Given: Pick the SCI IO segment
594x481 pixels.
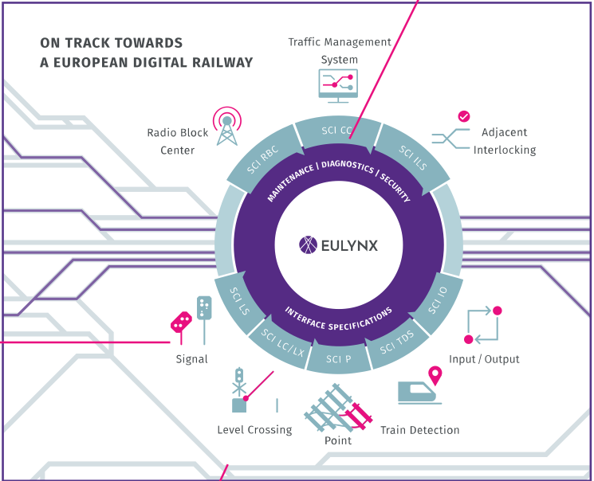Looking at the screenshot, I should tap(438, 302).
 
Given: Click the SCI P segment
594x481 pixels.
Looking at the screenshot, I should tap(338, 359).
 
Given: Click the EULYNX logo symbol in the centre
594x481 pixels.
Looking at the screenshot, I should tap(309, 244).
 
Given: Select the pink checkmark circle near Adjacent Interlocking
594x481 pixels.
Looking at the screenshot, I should tap(463, 116).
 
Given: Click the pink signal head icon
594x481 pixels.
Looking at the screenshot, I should tap(182, 322).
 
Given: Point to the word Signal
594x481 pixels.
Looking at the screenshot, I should tap(191, 359).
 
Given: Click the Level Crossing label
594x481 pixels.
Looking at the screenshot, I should tap(254, 430).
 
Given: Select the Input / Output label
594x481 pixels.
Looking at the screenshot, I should tap(484, 359).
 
